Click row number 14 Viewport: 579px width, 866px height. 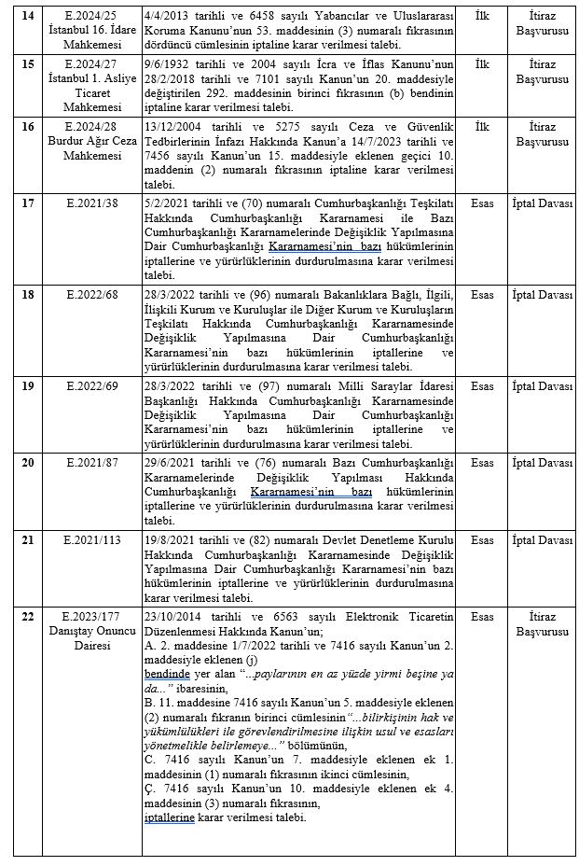(26, 16)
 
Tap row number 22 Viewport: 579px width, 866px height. (26, 617)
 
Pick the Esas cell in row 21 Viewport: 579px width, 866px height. (482, 540)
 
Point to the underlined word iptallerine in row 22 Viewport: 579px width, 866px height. (169, 817)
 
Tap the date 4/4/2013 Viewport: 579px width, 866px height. (170, 16)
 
